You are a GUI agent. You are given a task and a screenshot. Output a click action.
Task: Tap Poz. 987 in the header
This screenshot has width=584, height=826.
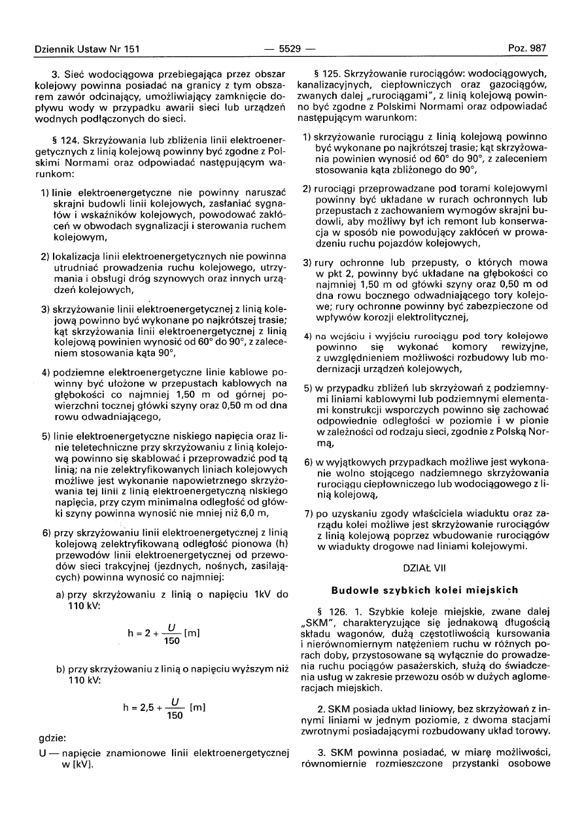(x=527, y=48)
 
